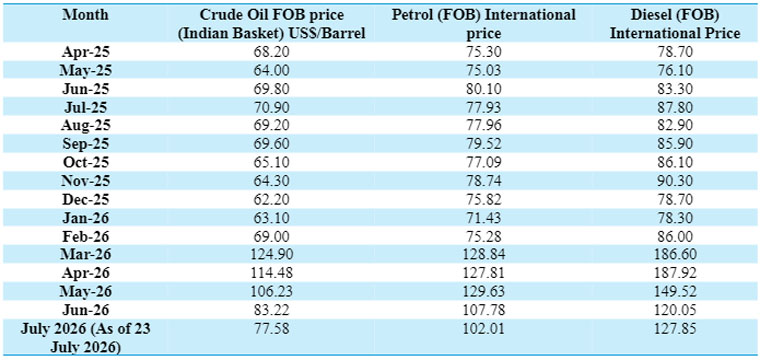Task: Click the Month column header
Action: [86, 15]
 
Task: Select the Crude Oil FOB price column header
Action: [271, 24]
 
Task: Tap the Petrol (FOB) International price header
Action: [483, 24]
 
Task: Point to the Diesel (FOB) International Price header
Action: [675, 24]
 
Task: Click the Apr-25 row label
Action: [86, 52]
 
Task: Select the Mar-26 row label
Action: [86, 255]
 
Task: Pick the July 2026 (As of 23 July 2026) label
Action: [86, 339]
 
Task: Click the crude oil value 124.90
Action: [271, 255]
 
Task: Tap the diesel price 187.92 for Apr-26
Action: [675, 274]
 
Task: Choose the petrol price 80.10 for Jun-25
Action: [483, 89]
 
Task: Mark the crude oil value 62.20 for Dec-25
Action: [271, 200]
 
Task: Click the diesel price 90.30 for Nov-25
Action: [675, 181]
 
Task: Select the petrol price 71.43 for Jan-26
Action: [483, 218]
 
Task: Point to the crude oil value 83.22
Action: [271, 311]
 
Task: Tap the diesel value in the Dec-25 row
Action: [675, 200]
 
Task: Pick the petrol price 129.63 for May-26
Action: [483, 292]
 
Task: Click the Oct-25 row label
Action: [86, 163]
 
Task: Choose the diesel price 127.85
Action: [675, 329]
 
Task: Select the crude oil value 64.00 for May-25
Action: [271, 71]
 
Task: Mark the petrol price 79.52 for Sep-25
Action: [483, 144]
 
